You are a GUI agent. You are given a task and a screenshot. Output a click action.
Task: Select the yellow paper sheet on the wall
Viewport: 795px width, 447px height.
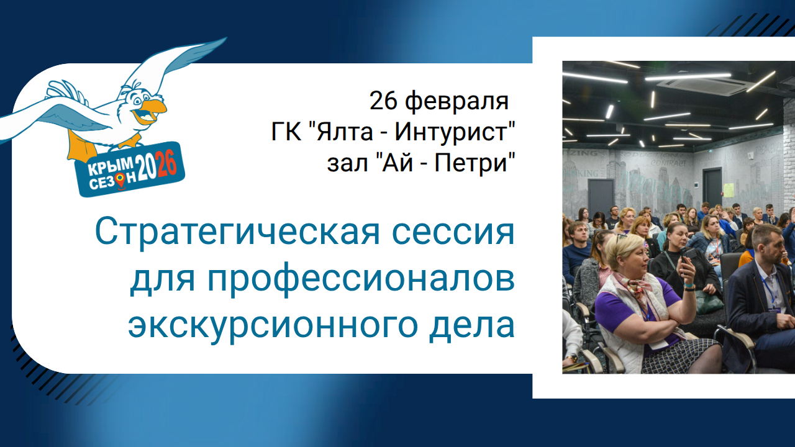(x=728, y=189)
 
